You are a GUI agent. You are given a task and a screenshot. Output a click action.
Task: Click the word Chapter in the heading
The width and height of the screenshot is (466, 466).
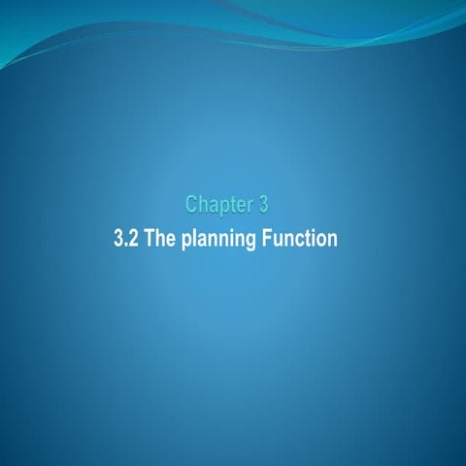tap(217, 205)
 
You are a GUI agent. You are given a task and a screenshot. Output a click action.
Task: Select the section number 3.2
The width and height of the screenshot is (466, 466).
tap(126, 238)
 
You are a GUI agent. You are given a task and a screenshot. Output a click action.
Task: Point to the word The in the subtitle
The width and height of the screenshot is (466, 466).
tap(160, 238)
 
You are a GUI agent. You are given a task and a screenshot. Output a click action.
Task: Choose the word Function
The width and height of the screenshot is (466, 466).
tap(300, 238)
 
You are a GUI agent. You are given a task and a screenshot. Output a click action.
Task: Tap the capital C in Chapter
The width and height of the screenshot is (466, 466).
tap(192, 205)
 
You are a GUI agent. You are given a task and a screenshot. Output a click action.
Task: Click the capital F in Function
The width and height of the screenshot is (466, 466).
tap(268, 238)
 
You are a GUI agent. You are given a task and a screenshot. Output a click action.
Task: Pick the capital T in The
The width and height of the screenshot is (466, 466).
tap(150, 238)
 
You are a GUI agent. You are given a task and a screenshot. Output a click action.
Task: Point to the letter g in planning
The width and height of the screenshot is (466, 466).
tap(252, 241)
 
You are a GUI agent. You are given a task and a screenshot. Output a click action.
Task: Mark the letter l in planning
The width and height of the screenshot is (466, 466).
tap(195, 238)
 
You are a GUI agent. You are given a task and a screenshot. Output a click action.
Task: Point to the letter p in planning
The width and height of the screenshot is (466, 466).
tap(185, 241)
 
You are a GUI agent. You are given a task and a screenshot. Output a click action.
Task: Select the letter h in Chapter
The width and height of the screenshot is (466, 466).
tap(204, 205)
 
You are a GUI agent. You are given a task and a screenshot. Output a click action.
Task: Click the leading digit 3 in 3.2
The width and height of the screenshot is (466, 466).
tap(119, 238)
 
